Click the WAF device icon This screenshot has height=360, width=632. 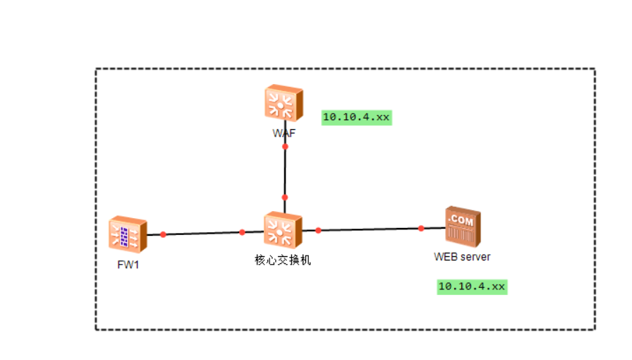pyautogui.click(x=284, y=104)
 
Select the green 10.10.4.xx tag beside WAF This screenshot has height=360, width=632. pyautogui.click(x=356, y=117)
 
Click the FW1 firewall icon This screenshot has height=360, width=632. pyautogui.click(x=128, y=234)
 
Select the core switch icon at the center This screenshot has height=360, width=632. pyautogui.click(x=283, y=230)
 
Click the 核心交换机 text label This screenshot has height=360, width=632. pyautogui.click(x=282, y=260)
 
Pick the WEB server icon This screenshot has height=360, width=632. pyautogui.click(x=463, y=227)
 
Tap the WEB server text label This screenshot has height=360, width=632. pyautogui.click(x=462, y=257)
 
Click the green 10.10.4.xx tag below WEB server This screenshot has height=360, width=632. pyautogui.click(x=472, y=287)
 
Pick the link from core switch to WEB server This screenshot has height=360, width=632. pyautogui.click(x=370, y=229)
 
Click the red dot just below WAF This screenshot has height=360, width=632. pyautogui.click(x=285, y=147)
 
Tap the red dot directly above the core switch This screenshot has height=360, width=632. pyautogui.click(x=285, y=198)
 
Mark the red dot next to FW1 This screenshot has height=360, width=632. pyautogui.click(x=163, y=234)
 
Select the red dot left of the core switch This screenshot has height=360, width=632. pyautogui.click(x=242, y=232)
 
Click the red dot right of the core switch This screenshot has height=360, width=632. pyautogui.click(x=318, y=230)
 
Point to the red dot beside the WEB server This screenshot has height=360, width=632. pyautogui.click(x=421, y=228)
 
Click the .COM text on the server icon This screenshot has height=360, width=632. pyautogui.click(x=462, y=217)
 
